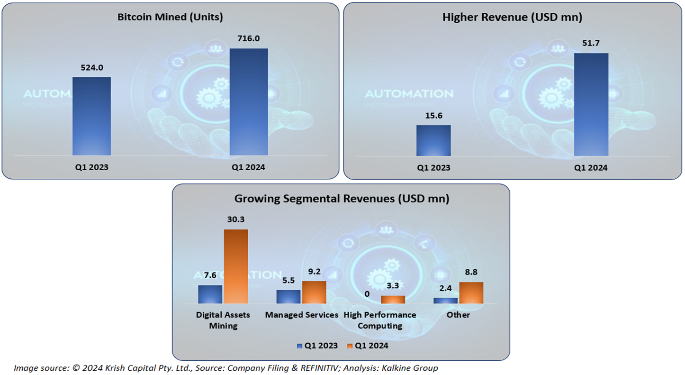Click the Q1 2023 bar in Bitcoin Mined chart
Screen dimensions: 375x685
tap(91, 116)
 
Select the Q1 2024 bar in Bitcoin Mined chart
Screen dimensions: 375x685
tap(249, 102)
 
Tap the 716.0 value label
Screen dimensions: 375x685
tap(249, 38)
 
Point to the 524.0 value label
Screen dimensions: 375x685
tap(92, 67)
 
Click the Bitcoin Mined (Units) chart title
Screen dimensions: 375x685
tap(170, 17)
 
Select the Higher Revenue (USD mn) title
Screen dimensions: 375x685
tap(512, 17)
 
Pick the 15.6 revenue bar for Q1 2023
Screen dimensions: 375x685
tap(433, 140)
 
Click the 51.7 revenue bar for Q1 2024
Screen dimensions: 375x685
tap(591, 104)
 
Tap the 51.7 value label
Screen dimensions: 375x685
tap(591, 43)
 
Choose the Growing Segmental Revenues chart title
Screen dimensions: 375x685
tap(342, 199)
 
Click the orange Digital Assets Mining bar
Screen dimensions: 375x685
tap(236, 266)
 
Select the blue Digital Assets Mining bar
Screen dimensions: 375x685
tap(210, 294)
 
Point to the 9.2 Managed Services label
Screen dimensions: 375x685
tap(314, 272)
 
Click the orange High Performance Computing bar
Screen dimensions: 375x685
tap(393, 300)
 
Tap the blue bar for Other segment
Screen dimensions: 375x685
tap(446, 301)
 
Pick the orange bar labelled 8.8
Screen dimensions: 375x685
tap(471, 293)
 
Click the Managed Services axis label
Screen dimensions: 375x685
tap(301, 315)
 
